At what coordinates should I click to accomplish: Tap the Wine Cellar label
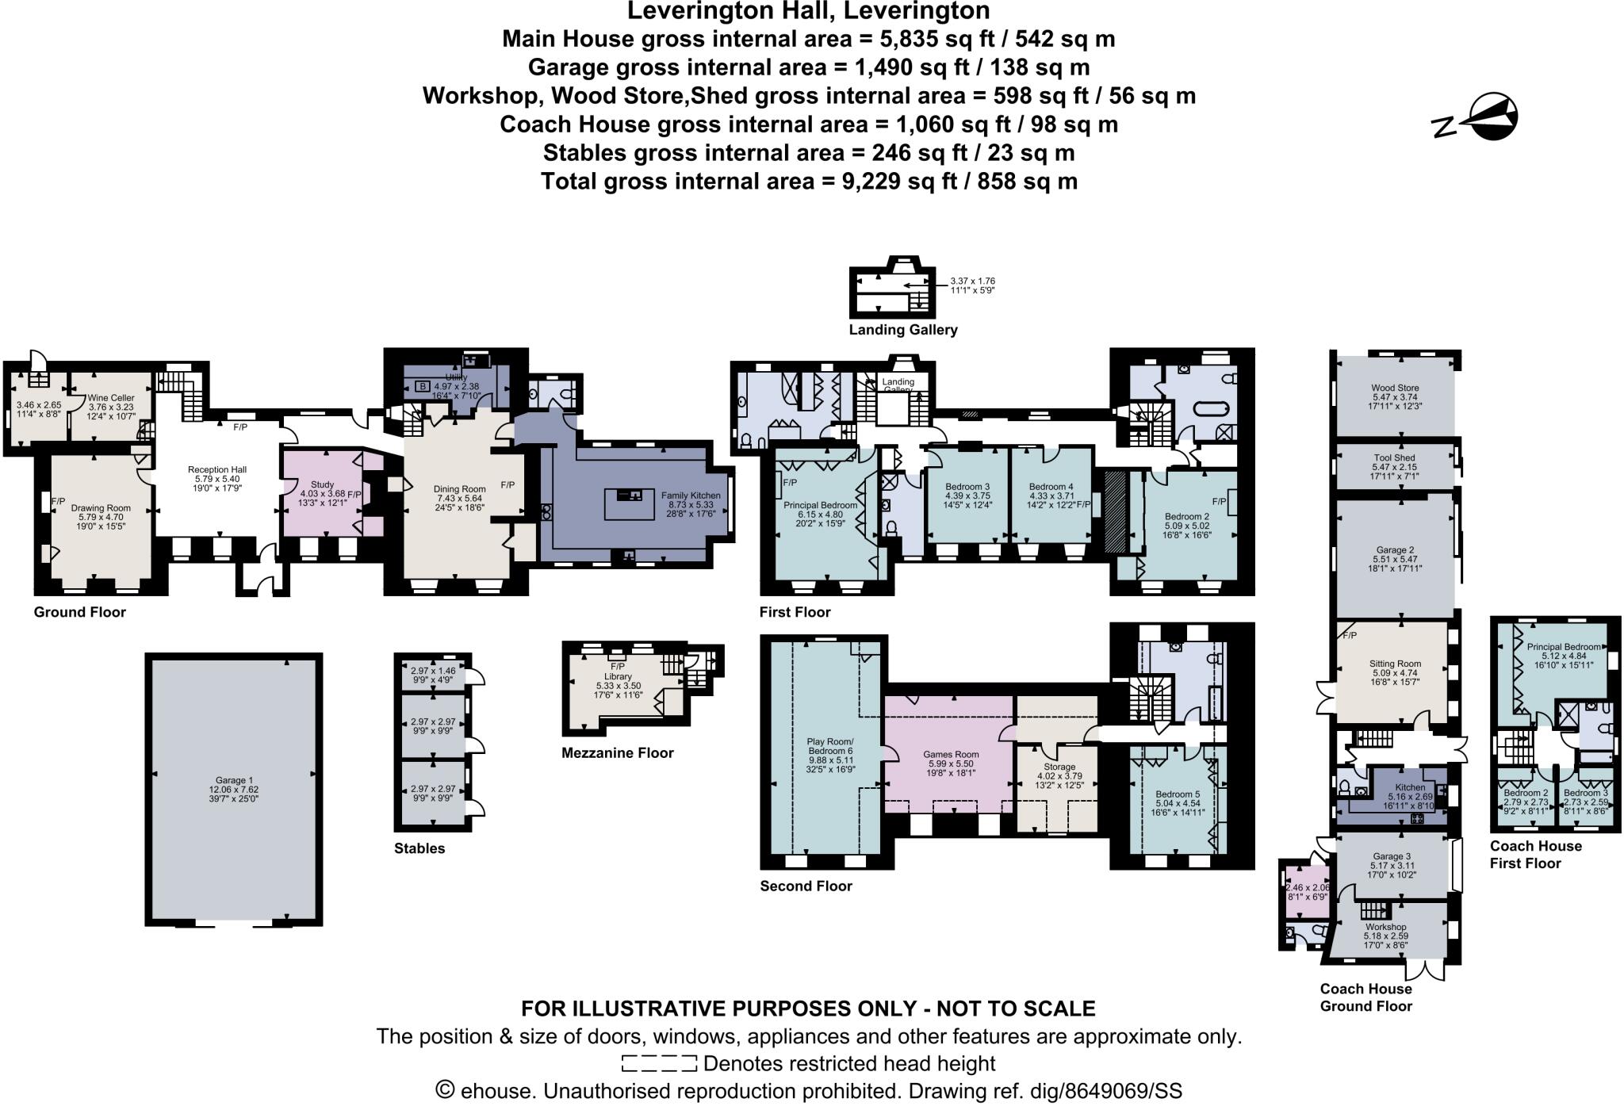click(x=111, y=398)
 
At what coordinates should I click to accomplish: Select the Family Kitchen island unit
click(x=630, y=504)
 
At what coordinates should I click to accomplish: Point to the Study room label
click(x=322, y=484)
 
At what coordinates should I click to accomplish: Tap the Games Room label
click(x=951, y=755)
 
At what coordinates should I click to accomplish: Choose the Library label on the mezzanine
click(x=618, y=676)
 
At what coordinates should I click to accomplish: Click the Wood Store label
click(x=1395, y=388)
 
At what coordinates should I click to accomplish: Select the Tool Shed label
click(x=1394, y=458)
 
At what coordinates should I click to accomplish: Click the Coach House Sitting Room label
click(x=1395, y=664)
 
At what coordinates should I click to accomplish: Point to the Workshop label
click(x=1385, y=927)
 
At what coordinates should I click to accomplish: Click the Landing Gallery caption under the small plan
click(x=903, y=330)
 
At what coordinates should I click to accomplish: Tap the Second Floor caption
click(x=806, y=886)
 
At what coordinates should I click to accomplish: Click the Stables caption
click(x=419, y=848)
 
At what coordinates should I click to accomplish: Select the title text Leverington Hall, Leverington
click(x=808, y=11)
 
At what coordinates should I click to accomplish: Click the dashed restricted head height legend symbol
click(x=659, y=1063)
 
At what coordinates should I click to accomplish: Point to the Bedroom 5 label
click(x=1178, y=794)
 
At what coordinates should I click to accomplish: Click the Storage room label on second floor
click(x=1059, y=767)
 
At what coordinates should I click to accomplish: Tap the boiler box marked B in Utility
click(x=423, y=386)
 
